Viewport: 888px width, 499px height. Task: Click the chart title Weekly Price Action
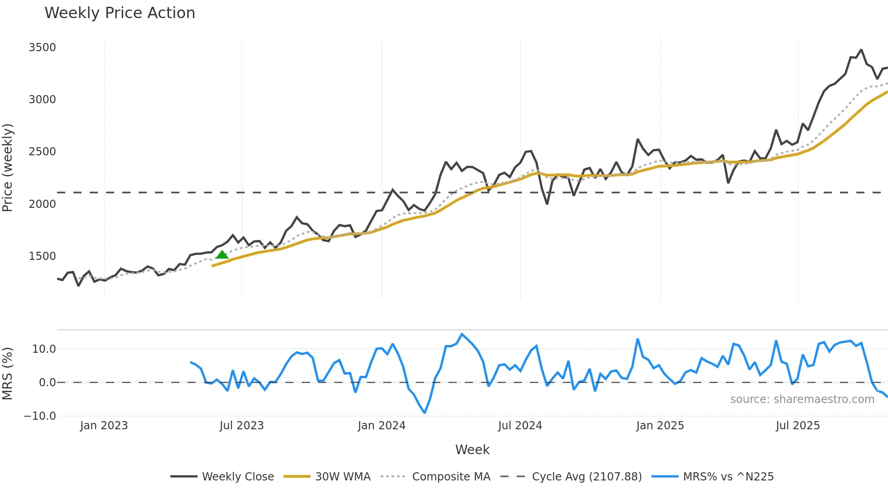pos(120,13)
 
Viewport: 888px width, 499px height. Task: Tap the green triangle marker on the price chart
pos(222,254)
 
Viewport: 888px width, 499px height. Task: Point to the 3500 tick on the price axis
pos(42,48)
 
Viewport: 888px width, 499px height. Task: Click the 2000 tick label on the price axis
pos(42,204)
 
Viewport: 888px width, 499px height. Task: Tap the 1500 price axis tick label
pos(42,256)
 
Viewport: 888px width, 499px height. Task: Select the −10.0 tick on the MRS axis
pos(40,416)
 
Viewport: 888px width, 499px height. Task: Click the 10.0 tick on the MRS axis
pos(44,349)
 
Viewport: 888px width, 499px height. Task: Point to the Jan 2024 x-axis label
pos(381,426)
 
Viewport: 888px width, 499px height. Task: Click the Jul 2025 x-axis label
pos(797,426)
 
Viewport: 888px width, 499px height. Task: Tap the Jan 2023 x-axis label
pos(104,426)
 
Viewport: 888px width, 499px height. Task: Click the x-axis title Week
pos(472,450)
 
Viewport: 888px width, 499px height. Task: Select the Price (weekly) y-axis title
pos(8,168)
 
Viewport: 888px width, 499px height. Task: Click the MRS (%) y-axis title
pos(8,374)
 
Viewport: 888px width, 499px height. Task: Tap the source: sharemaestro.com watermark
pos(802,399)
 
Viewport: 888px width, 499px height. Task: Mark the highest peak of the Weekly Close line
pos(861,50)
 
